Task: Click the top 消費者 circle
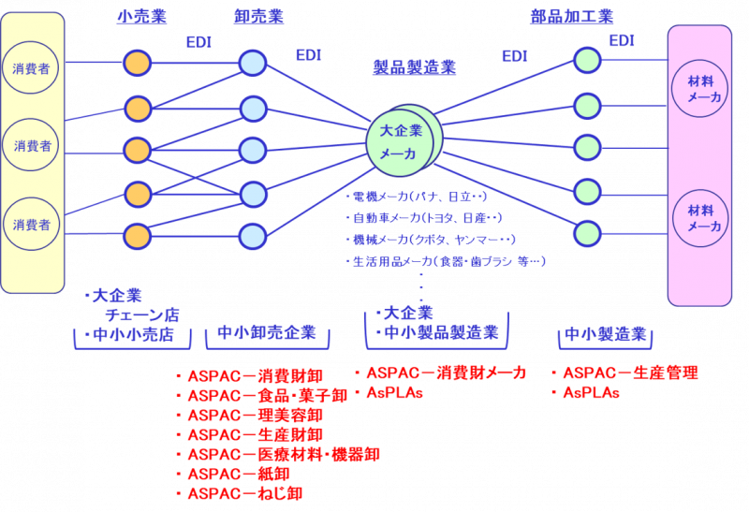[32, 68]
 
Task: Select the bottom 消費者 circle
[32, 225]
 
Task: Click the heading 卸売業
[258, 16]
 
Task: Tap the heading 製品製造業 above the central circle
[414, 66]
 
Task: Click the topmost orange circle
[138, 63]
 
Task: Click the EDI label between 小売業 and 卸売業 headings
[199, 42]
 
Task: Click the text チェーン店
[141, 315]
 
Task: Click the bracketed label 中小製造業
[606, 334]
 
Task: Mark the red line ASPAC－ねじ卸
[244, 493]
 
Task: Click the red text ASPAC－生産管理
[630, 373]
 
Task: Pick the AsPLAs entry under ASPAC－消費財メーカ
[394, 392]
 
